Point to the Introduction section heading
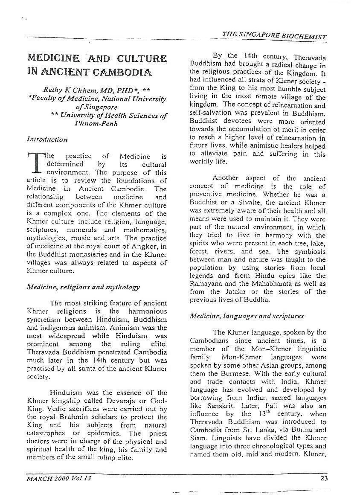point(47,140)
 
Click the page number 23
point(324,478)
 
